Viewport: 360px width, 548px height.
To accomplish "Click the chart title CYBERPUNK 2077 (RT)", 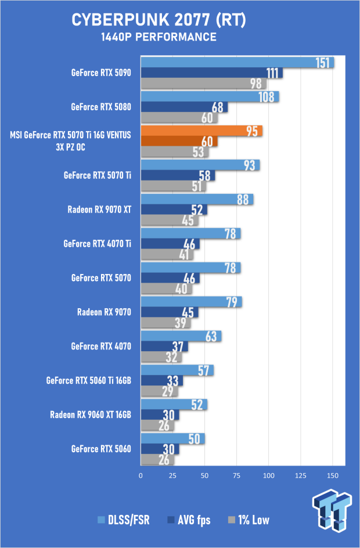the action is (159, 20).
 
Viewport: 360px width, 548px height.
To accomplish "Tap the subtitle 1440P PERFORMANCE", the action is (159, 37).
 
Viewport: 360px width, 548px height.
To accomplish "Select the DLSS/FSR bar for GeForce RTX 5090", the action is (237, 63).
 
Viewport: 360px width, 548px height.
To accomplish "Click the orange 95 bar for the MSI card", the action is (201, 131).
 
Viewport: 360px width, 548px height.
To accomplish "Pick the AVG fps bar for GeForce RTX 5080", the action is (184, 107).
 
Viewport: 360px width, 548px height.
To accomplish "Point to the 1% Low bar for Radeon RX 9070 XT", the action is (170, 221).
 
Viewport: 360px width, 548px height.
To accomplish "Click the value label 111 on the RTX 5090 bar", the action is (272, 73).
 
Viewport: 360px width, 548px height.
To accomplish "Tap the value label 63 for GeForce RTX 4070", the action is (211, 336).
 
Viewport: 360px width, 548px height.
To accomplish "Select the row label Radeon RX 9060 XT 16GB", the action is (91, 414).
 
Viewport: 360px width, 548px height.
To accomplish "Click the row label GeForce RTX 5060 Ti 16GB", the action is (89, 380).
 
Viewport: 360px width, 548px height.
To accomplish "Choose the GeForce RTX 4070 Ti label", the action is (97, 244).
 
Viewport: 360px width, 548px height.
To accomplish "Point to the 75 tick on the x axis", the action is (237, 475).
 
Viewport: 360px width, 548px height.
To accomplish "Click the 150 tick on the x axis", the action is (332, 475).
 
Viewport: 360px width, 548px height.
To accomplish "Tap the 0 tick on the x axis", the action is (141, 475).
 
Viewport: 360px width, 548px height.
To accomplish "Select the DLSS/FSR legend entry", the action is (124, 520).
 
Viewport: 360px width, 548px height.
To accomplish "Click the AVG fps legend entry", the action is (189, 520).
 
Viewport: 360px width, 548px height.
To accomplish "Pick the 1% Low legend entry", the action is (249, 520).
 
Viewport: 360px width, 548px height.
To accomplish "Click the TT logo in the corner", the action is (332, 511).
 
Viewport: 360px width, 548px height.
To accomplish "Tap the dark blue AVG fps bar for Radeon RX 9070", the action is (170, 312).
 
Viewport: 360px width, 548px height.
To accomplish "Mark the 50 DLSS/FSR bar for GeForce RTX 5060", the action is (172, 439).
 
